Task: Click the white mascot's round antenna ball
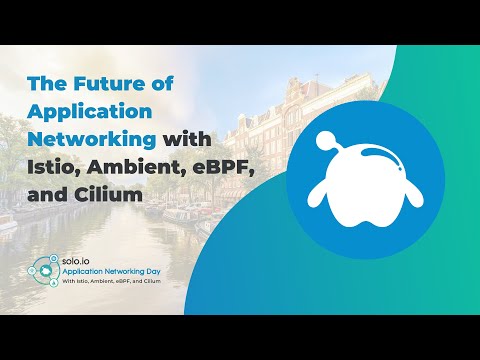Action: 328,141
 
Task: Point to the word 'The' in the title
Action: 50,86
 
